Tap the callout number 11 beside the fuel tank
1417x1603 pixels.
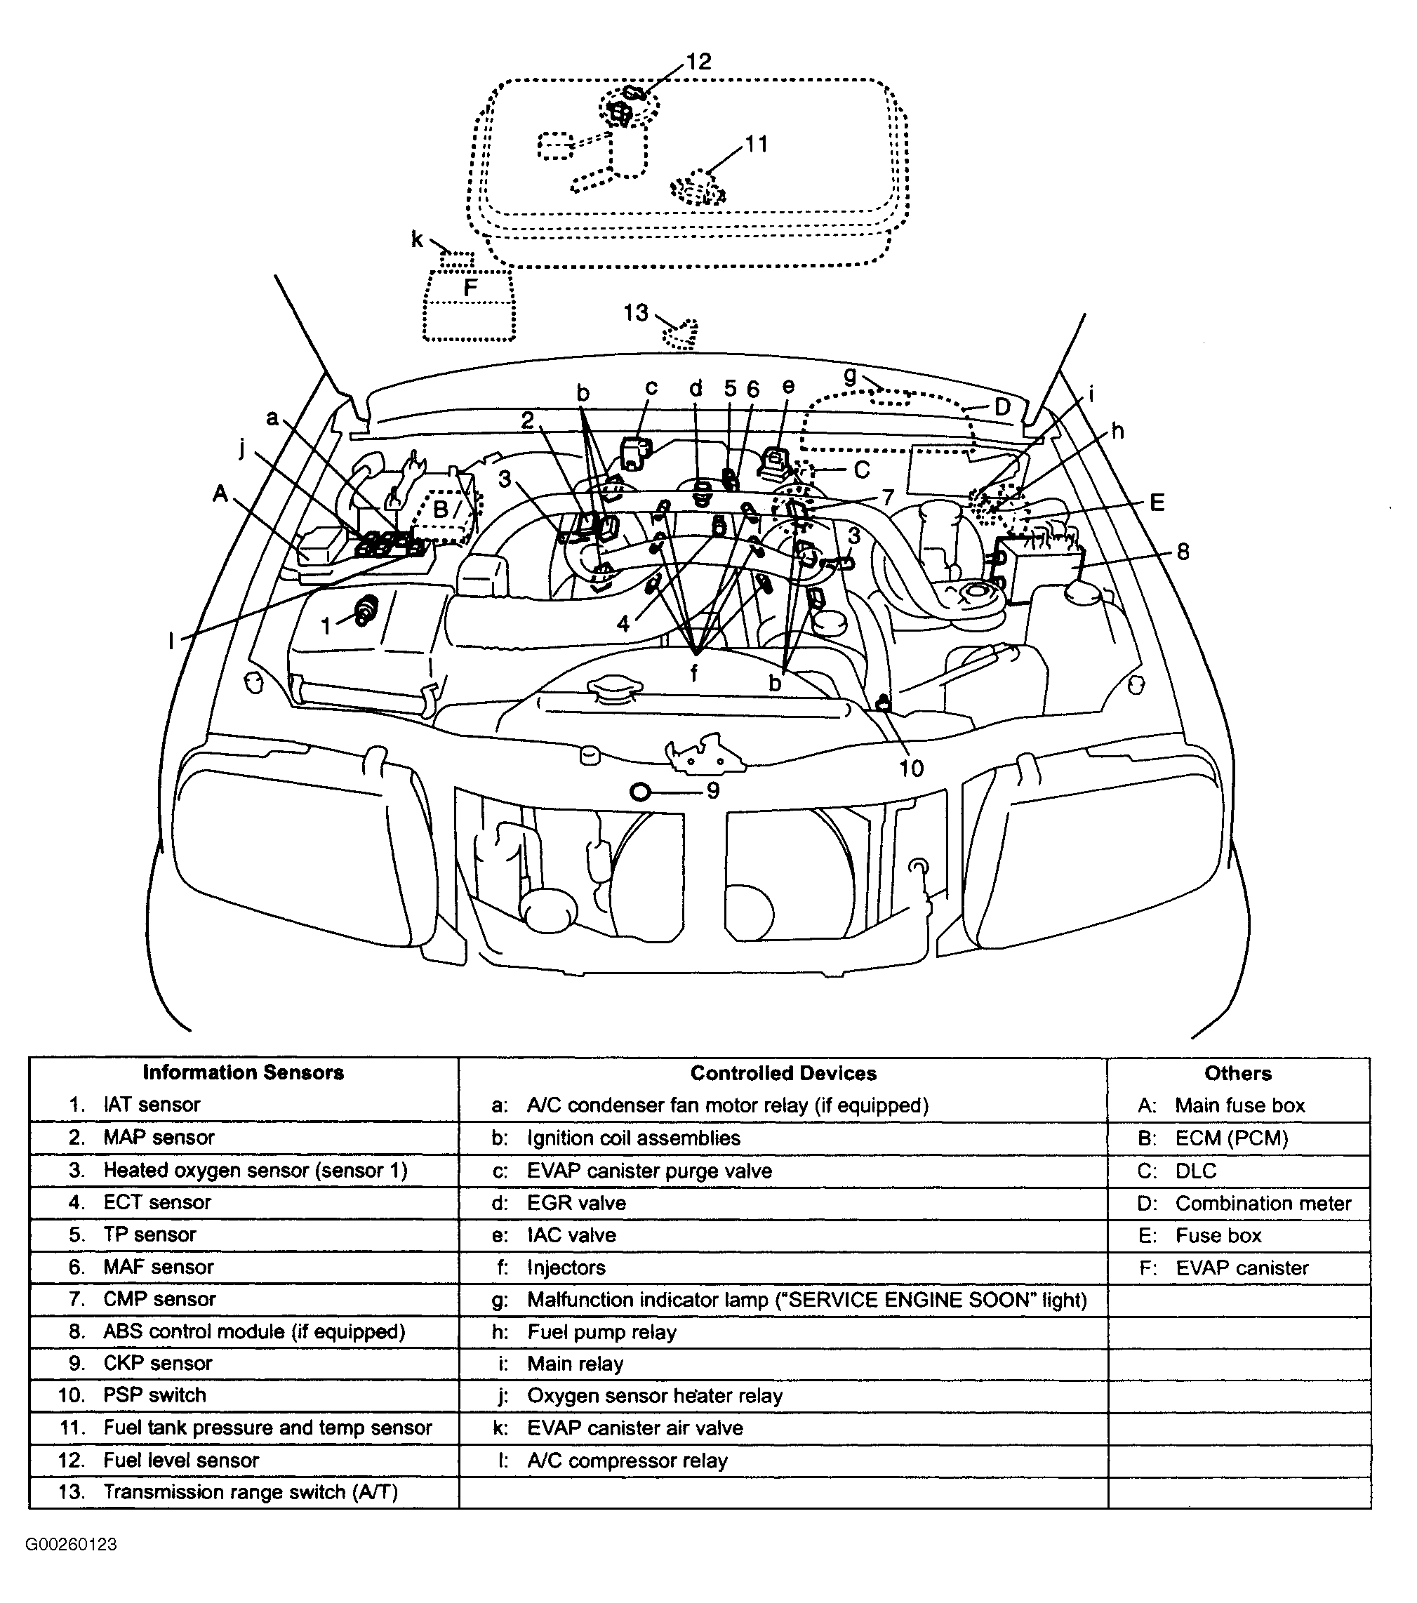coord(756,145)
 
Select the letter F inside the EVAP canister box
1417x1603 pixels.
coord(470,288)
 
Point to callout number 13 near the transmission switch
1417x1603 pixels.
coord(635,313)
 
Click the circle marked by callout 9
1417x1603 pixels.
coord(640,791)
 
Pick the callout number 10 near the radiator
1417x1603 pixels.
coord(911,768)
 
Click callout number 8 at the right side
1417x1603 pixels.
coord(1183,552)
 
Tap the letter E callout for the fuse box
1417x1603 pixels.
coord(1157,503)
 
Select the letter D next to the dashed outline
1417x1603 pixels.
coord(1002,407)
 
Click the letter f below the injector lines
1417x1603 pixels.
coord(694,672)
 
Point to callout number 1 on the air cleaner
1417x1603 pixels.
coord(327,625)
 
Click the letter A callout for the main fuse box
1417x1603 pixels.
coord(220,493)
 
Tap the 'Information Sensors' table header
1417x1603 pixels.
coord(243,1073)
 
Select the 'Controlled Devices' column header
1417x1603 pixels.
coord(783,1073)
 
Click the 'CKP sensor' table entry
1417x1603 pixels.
coord(158,1363)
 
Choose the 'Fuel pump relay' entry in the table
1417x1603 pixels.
coord(601,1331)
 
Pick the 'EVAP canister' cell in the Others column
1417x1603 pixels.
coord(1242,1268)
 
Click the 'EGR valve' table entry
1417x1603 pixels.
coord(576,1203)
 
